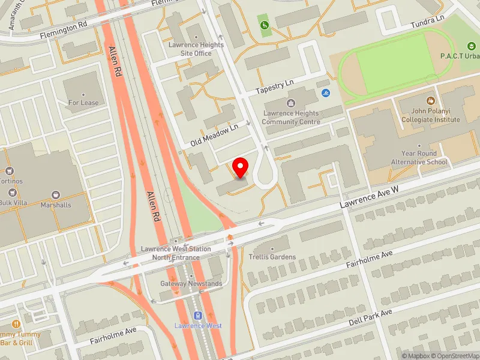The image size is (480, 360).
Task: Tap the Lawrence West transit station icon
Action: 197,316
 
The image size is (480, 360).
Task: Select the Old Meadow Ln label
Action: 214,136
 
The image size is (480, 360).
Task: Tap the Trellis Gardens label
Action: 272,257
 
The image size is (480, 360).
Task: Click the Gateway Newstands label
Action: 191,283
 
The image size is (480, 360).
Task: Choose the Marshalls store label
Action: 56,205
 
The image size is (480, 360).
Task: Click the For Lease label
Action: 83,103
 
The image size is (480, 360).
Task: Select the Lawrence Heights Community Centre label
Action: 290,118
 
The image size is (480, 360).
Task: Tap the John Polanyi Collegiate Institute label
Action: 430,115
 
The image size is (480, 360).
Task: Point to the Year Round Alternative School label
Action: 419,158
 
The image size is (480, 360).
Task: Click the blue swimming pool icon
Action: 326,93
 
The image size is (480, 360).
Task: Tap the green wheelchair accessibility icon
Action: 264,25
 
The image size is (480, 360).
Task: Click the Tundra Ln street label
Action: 427,22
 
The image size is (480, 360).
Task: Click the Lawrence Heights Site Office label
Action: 196,49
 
